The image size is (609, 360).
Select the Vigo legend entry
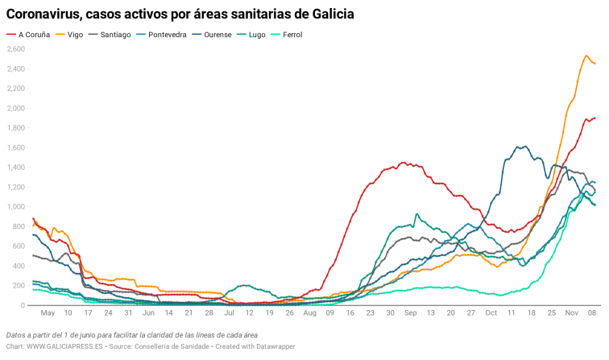(x=76, y=35)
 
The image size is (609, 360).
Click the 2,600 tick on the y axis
(x=15, y=49)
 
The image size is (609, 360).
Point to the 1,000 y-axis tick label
(x=15, y=207)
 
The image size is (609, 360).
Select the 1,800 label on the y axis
(x=15, y=128)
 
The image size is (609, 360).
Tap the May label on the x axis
(x=48, y=312)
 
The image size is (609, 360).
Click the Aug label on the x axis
(x=309, y=312)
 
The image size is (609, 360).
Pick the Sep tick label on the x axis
(x=410, y=312)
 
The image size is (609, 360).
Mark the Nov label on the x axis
(x=572, y=312)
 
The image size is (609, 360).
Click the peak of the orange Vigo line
(x=586, y=56)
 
